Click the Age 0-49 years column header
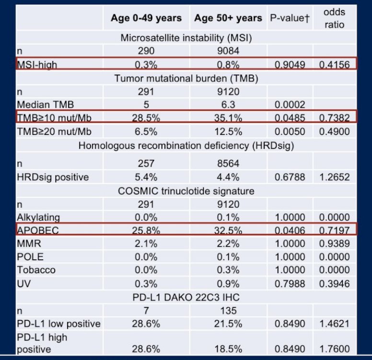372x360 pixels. coord(146,18)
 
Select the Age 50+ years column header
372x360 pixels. coord(228,18)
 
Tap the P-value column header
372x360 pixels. coord(290,18)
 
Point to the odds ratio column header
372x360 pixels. coord(335,18)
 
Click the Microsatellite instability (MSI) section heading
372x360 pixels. coord(186,38)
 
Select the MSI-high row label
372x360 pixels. coord(37,65)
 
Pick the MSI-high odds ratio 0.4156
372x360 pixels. coord(334,65)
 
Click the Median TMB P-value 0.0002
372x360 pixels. coord(290,105)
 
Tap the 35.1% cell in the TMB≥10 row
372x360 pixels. coord(228,118)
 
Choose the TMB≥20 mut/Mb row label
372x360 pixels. coord(54,132)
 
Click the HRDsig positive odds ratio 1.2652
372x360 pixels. coord(334,177)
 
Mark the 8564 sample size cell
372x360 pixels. coord(228,164)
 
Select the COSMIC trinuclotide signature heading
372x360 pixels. coord(186,191)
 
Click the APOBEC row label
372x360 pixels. coord(38,230)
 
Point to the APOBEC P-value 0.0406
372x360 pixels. coord(290,230)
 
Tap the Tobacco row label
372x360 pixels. coord(36,270)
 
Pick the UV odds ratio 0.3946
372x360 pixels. coord(334,284)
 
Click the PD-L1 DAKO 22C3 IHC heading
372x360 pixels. coord(186,297)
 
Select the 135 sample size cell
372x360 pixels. coord(228,311)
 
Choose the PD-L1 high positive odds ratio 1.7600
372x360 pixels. coord(334,349)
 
